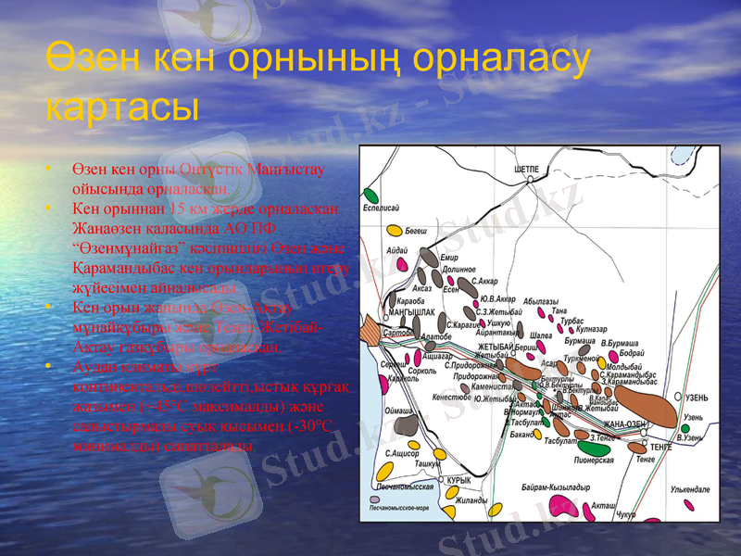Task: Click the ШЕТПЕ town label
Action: click(526, 170)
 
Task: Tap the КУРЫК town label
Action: click(458, 480)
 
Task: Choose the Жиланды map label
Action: click(471, 500)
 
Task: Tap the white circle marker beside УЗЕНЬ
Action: click(680, 398)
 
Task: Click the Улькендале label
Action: click(689, 488)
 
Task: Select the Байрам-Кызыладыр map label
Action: click(556, 486)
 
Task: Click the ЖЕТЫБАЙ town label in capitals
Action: click(495, 346)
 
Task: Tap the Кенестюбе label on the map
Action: click(450, 396)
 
